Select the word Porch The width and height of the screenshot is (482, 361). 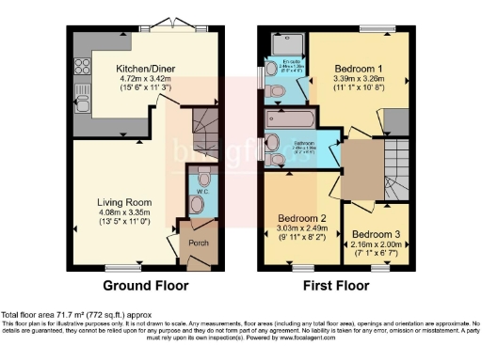199,243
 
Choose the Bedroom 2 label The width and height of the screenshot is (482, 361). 302,217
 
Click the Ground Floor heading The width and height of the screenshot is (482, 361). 145,286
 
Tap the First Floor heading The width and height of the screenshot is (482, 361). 334,286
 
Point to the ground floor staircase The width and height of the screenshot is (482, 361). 201,122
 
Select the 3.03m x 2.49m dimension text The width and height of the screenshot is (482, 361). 302,228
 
